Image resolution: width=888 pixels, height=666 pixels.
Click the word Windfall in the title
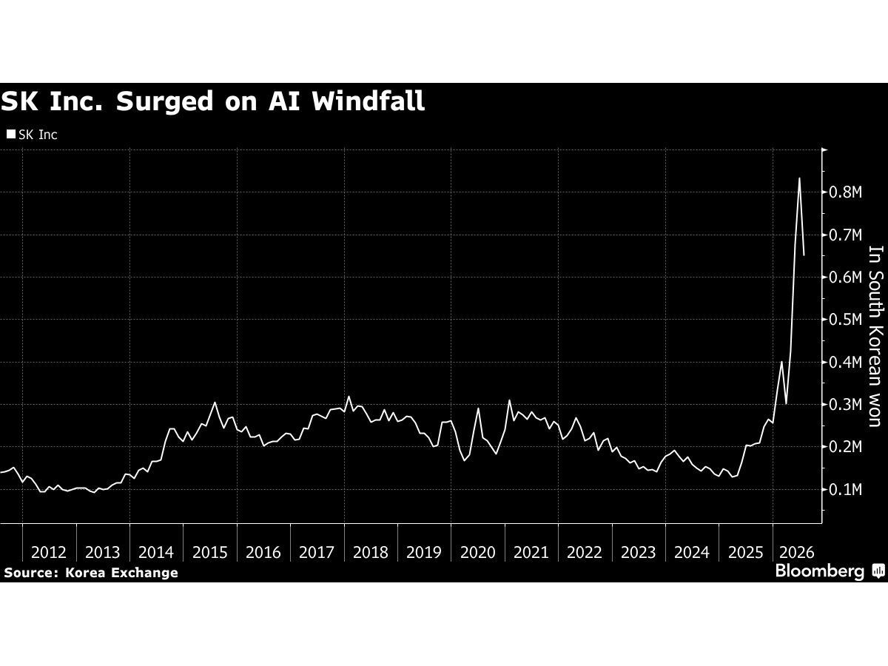368,101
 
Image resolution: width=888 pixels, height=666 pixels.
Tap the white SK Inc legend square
11,134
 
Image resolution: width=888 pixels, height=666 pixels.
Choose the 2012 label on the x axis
49,552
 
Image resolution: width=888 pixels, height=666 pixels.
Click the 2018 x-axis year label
371,552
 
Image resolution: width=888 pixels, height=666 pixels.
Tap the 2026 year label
797,552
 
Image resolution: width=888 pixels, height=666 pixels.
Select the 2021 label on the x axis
531,552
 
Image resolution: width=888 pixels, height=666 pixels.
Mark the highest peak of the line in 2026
799,178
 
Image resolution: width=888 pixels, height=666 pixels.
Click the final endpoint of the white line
804,255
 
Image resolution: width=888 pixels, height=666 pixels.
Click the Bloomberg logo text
820,572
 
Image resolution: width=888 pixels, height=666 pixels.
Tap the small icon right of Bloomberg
878,571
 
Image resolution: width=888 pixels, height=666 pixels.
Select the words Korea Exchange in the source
121,573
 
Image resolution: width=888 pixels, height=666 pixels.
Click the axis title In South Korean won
875,336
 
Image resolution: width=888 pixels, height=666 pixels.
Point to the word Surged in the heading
165,101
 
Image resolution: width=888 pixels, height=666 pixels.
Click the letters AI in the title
284,101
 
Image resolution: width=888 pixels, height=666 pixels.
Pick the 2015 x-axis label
210,552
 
